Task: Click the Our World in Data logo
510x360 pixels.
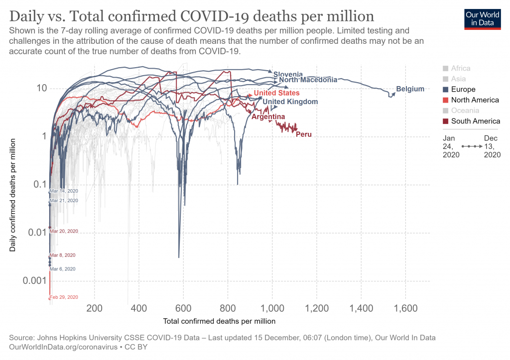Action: tap(482, 18)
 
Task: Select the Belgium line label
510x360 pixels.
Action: tap(410, 89)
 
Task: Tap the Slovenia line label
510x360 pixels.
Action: tap(288, 75)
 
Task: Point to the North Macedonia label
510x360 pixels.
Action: tap(308, 80)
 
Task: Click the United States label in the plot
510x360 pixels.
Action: tap(276, 93)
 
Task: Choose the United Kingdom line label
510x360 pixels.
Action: tap(290, 102)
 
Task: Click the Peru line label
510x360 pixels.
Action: tap(303, 134)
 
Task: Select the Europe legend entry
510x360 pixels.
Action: tap(463, 90)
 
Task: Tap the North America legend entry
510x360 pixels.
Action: tap(475, 100)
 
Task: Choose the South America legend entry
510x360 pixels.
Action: tap(475, 121)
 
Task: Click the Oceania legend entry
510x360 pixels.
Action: tap(465, 111)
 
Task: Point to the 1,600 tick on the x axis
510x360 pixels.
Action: tap(405, 308)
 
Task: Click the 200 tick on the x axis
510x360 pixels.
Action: tap(94, 308)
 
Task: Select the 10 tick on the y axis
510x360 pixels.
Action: tap(41, 89)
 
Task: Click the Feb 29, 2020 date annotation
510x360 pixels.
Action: tap(64, 297)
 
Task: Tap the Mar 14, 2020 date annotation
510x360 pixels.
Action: tap(64, 191)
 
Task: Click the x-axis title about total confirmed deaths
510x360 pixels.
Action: tap(219, 321)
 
